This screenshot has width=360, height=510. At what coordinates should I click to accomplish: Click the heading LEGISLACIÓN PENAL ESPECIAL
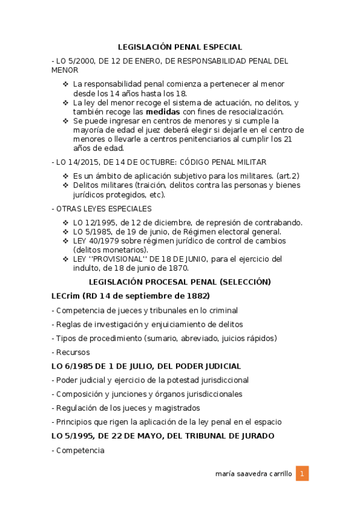click(180, 46)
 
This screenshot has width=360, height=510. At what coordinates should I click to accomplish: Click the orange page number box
click(303, 474)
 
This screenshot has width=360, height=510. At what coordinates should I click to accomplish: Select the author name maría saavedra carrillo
click(253, 474)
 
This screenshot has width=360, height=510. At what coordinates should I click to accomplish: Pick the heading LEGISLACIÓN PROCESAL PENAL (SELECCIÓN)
click(180, 281)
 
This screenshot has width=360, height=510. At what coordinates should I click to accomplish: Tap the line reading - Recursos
click(71, 352)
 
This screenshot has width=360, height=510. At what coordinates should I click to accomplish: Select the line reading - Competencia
click(78, 450)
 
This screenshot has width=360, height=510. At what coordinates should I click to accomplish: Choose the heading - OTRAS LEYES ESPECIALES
click(102, 209)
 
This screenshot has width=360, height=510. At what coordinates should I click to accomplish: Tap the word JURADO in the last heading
click(257, 435)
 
